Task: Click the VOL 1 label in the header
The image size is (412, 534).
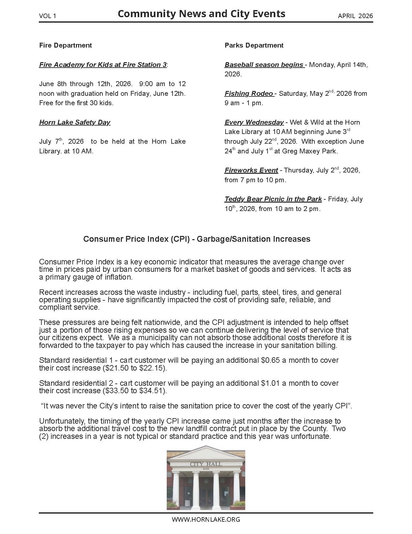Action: [48, 16]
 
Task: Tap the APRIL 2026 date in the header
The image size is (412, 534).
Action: [355, 16]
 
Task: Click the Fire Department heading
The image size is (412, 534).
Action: [65, 45]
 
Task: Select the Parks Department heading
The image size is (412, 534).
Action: [254, 45]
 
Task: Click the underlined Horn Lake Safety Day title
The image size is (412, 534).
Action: [75, 122]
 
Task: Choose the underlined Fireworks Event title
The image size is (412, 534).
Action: [251, 170]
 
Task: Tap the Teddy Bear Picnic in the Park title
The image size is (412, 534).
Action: [273, 199]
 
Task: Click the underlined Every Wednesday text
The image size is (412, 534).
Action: [254, 122]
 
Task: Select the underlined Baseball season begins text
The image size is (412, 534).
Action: [264, 65]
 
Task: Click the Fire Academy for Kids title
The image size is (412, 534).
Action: [103, 65]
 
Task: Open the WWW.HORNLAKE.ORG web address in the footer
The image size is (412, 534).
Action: [206, 519]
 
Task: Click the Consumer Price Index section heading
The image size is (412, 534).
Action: [197, 239]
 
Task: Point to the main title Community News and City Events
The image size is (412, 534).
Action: [201, 14]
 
